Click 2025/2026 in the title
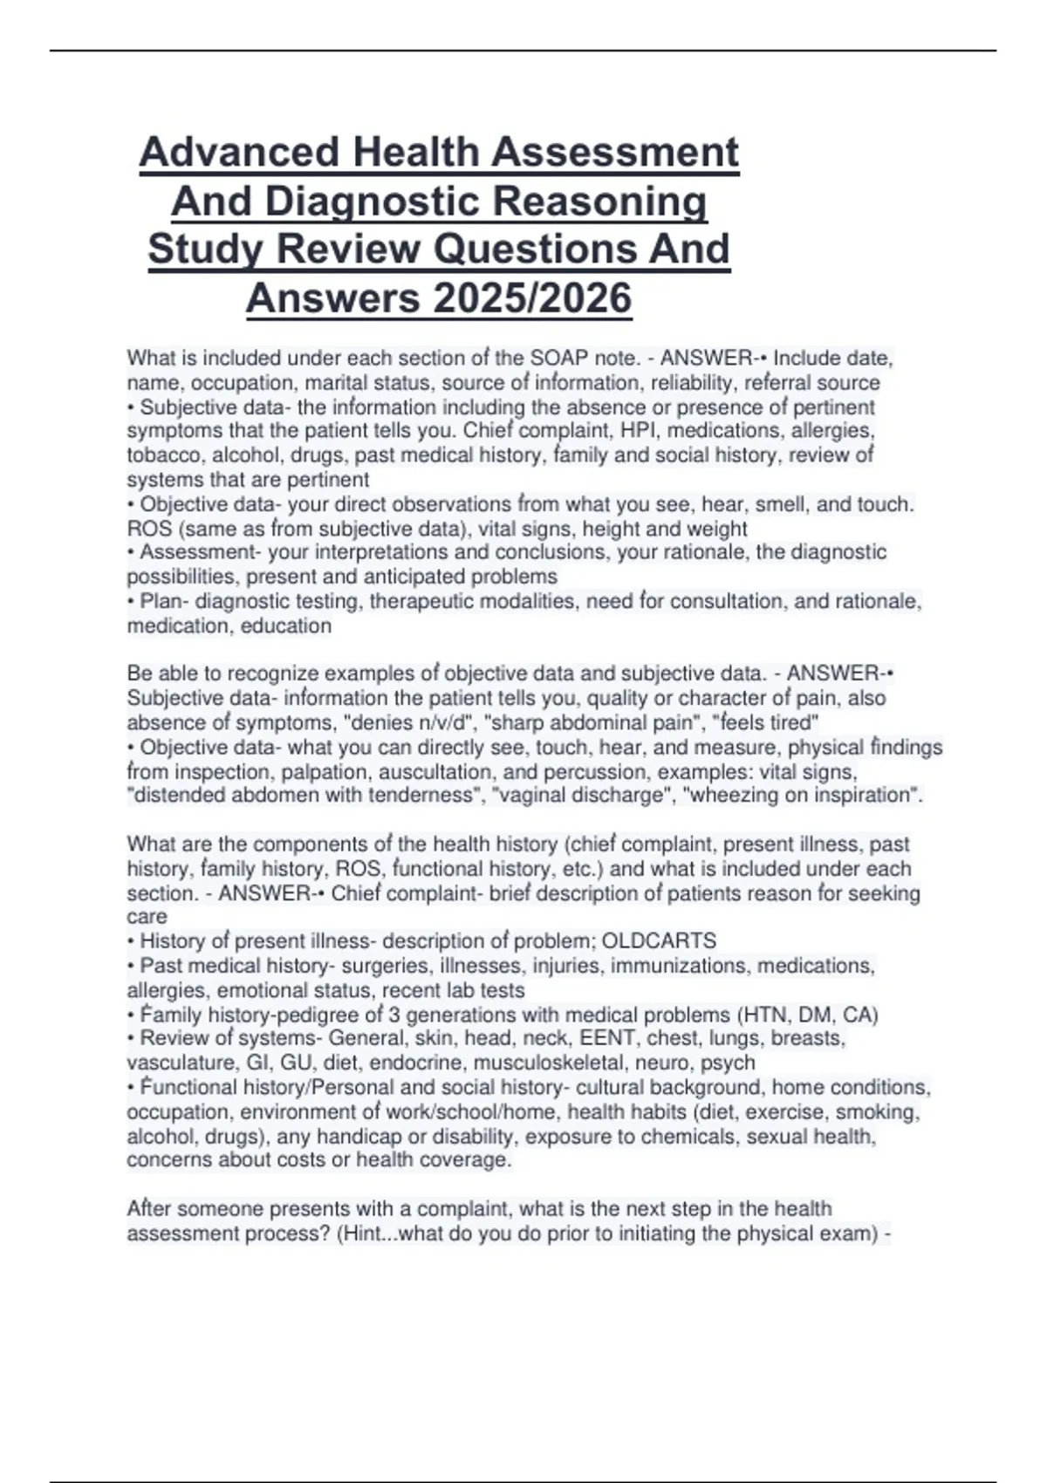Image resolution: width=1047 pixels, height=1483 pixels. pyautogui.click(x=531, y=298)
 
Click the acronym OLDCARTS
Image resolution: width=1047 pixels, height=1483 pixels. pyautogui.click(x=659, y=941)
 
